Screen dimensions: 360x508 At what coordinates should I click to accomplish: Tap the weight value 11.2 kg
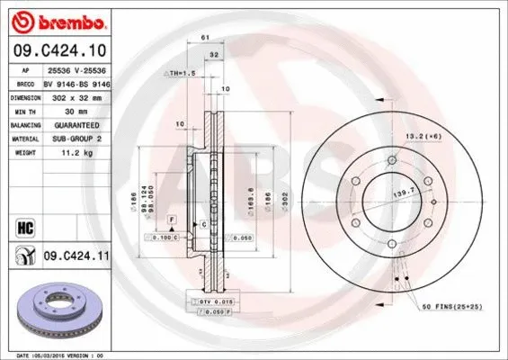pyautogui.click(x=71, y=154)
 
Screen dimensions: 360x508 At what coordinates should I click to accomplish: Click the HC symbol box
pyautogui.click(x=22, y=226)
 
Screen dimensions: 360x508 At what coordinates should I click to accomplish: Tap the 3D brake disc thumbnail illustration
pyautogui.click(x=56, y=310)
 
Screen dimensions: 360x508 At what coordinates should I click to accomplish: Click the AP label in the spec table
pyautogui.click(x=27, y=67)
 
